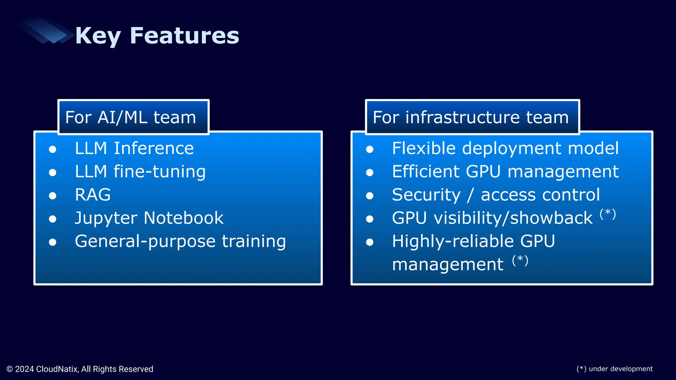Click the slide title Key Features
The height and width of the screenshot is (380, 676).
(157, 36)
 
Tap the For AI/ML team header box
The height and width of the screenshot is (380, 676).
(133, 117)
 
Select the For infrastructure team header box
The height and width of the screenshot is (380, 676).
(472, 117)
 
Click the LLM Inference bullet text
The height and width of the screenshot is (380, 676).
(134, 148)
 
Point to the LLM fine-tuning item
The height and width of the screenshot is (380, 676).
(140, 172)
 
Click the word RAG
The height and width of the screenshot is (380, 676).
(93, 195)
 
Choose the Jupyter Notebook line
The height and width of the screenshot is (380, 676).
(149, 218)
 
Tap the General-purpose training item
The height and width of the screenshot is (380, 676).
(180, 241)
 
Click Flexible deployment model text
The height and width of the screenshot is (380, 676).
(505, 148)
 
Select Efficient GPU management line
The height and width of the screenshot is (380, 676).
(505, 172)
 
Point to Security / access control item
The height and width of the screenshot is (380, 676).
(496, 195)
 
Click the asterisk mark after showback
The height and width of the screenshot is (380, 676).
(608, 213)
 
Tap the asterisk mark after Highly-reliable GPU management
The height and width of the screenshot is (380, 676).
(520, 260)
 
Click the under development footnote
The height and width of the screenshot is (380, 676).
(615, 369)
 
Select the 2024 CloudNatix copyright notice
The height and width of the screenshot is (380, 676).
(80, 369)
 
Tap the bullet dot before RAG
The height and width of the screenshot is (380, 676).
(52, 196)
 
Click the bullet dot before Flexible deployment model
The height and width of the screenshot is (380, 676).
(370, 149)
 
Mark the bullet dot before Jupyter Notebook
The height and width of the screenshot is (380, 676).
(52, 219)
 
